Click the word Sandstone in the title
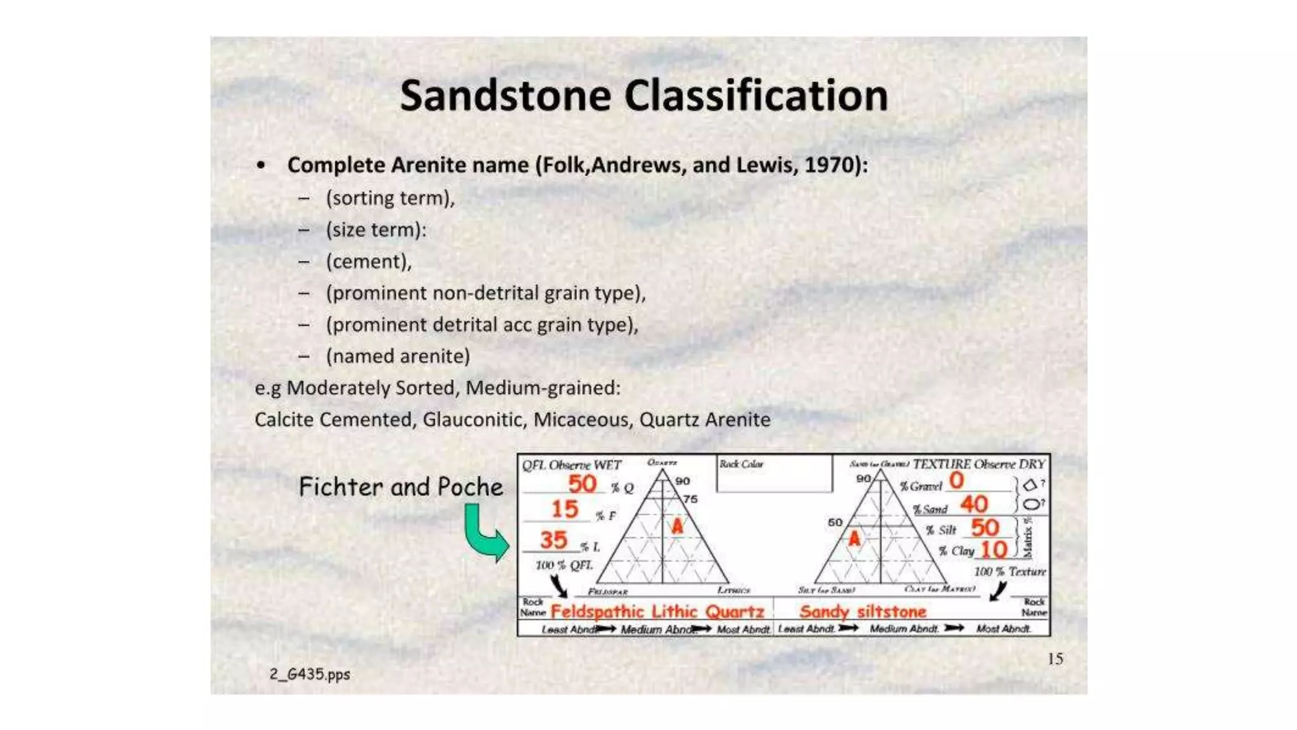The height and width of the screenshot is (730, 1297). click(505, 96)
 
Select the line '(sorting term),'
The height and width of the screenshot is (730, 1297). click(390, 198)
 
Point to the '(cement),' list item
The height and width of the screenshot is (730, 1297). click(369, 262)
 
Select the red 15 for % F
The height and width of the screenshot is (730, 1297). click(564, 509)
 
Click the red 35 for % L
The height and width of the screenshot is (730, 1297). click(554, 540)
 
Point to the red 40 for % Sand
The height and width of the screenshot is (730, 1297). click(973, 504)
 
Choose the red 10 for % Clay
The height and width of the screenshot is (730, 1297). click(994, 549)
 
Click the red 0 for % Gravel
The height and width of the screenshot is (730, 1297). click(956, 480)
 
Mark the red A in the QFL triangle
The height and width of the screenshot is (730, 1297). click(678, 526)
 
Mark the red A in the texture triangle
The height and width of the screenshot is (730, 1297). click(854, 539)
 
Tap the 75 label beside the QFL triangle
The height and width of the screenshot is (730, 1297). click(690, 499)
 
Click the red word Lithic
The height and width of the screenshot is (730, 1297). click(674, 612)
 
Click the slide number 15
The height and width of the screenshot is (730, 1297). click(1055, 659)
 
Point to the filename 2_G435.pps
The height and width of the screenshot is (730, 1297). click(310, 674)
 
